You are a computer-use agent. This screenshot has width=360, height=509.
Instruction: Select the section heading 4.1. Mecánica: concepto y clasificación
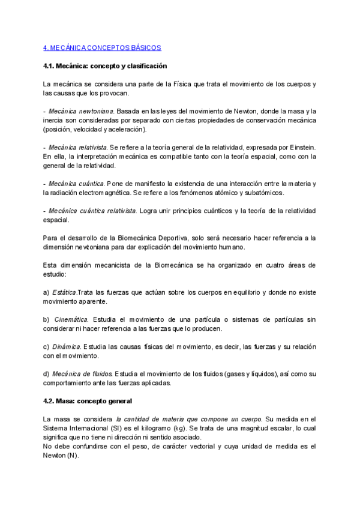tap(105, 65)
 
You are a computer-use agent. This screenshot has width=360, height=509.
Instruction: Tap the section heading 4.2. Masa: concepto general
tap(88, 400)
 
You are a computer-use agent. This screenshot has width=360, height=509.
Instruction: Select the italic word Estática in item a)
tap(64, 292)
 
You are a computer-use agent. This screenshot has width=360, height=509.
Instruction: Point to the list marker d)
tap(47, 374)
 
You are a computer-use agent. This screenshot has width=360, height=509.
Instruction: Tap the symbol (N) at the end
tap(73, 456)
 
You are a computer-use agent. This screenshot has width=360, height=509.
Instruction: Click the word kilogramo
tap(181, 428)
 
